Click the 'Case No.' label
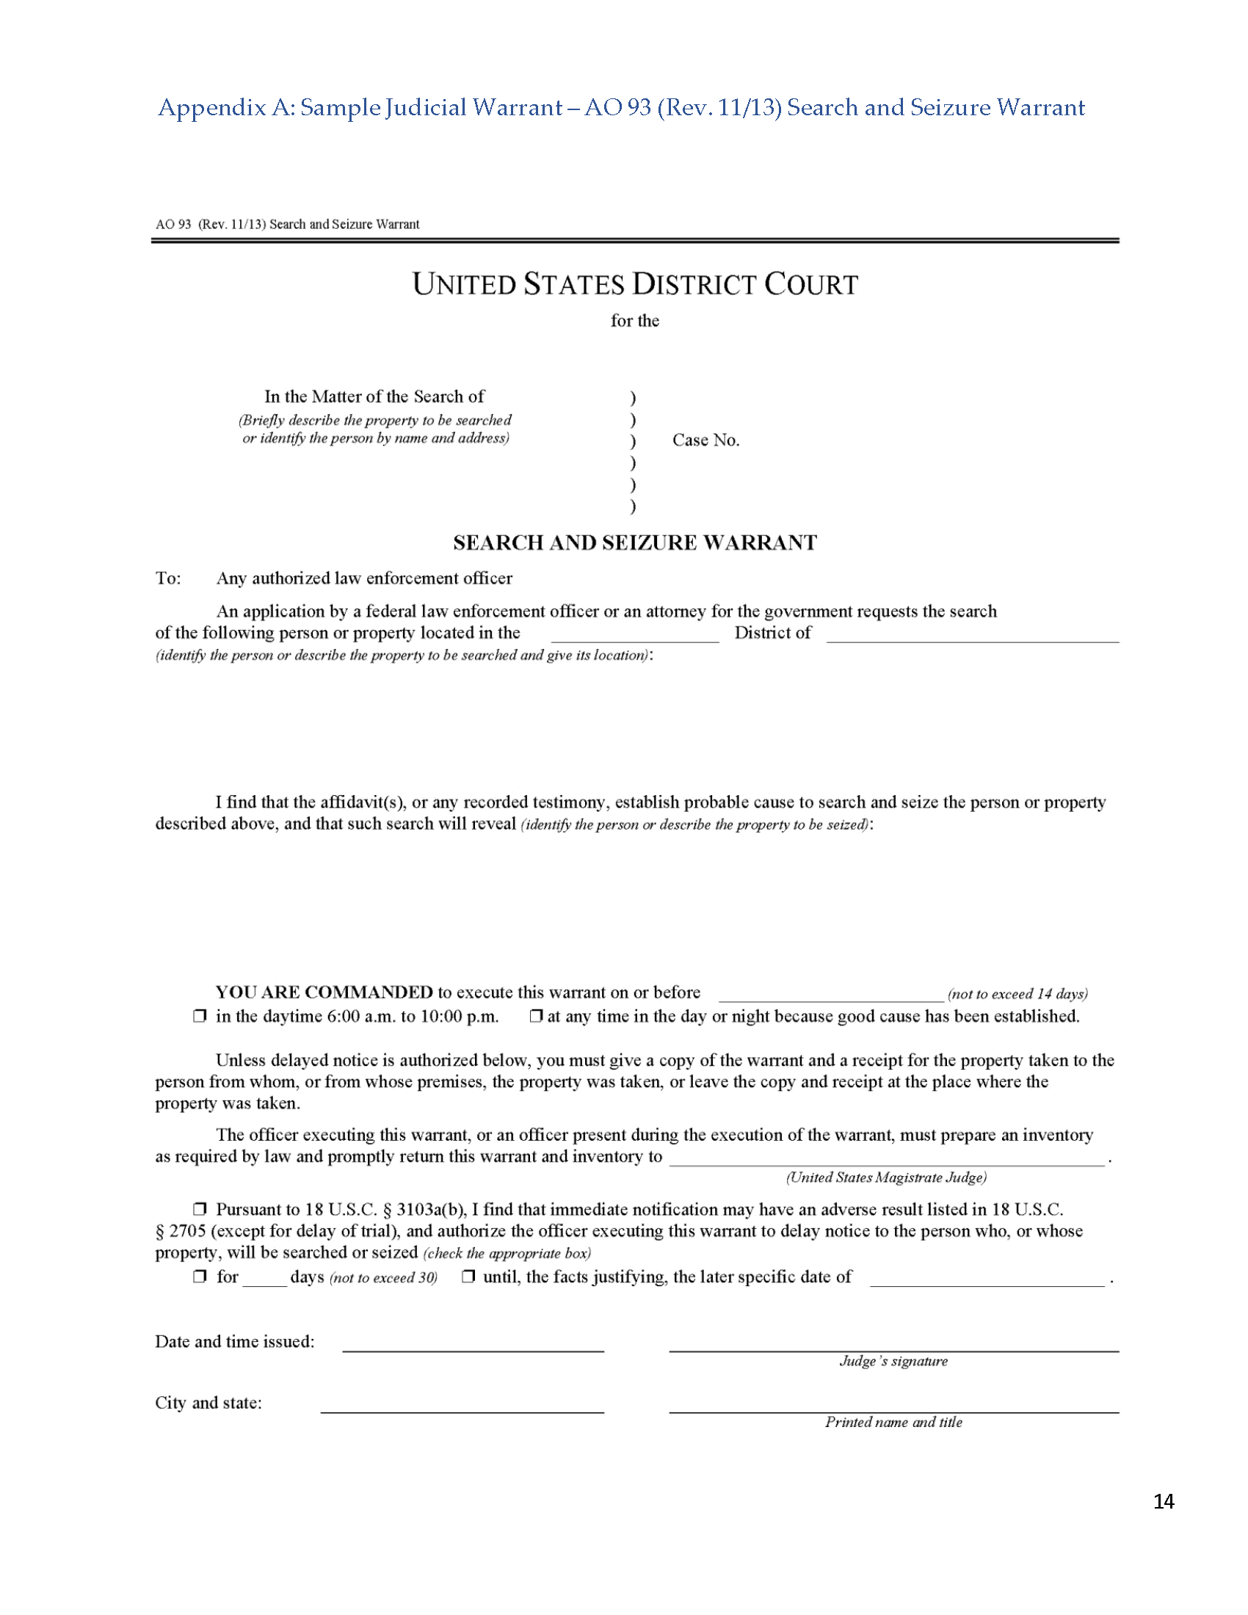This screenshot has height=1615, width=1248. pyautogui.click(x=705, y=440)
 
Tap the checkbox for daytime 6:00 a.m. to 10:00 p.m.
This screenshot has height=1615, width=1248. pyautogui.click(x=199, y=1016)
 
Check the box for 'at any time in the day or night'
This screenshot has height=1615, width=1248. pyautogui.click(x=536, y=1016)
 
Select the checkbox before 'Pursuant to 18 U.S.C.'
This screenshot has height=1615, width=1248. pyautogui.click(x=199, y=1210)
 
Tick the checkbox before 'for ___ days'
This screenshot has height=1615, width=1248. pyautogui.click(x=199, y=1277)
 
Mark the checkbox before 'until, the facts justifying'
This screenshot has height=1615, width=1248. pyautogui.click(x=468, y=1277)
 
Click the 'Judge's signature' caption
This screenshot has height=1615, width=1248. pyautogui.click(x=893, y=1361)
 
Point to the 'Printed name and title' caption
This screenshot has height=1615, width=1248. pyautogui.click(x=893, y=1422)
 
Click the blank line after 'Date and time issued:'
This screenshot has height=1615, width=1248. pyautogui.click(x=474, y=1346)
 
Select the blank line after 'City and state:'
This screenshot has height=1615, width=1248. pyautogui.click(x=462, y=1407)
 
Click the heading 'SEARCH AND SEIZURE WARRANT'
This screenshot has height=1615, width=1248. pyautogui.click(x=634, y=542)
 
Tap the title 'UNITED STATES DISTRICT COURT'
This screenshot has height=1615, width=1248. pyautogui.click(x=634, y=285)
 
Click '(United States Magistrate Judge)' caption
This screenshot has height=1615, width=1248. pyautogui.click(x=886, y=1177)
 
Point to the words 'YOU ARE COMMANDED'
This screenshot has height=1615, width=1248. pyautogui.click(x=324, y=992)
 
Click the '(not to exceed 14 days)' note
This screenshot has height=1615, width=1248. pyautogui.click(x=1017, y=994)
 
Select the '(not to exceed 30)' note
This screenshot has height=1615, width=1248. pyautogui.click(x=383, y=1278)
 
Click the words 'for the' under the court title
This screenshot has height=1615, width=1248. pyautogui.click(x=634, y=321)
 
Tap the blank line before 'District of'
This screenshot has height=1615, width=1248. pyautogui.click(x=634, y=636)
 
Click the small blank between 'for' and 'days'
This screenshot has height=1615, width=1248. pyautogui.click(x=265, y=1281)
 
